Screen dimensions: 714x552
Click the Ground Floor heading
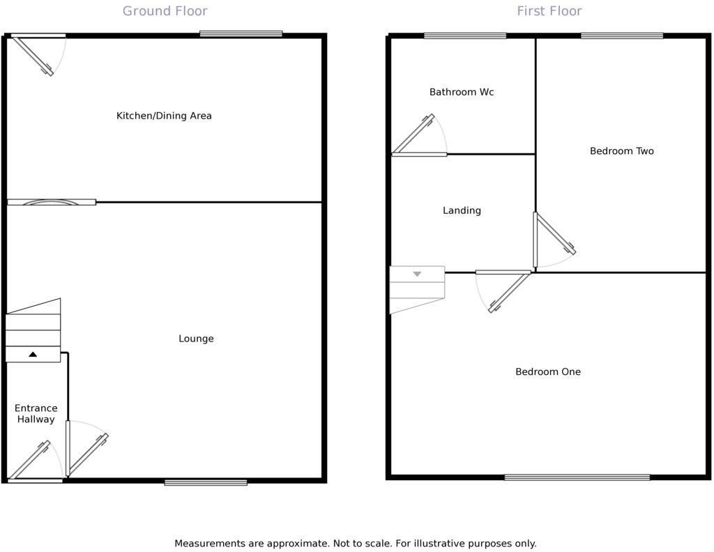point(165,11)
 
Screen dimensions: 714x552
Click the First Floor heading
point(549,11)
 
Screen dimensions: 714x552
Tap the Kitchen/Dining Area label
point(164,116)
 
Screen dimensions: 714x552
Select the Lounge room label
point(196,339)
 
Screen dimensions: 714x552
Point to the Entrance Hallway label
point(36,414)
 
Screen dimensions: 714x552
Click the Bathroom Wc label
point(462,92)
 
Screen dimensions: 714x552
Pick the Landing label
point(462,210)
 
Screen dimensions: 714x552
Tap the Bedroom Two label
point(621,151)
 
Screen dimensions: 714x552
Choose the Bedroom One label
point(547,372)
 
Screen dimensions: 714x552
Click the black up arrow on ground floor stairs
point(33,355)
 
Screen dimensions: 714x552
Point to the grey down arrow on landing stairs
point(417,275)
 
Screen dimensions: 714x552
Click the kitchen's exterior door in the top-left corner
point(33,54)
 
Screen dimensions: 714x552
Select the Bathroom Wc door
point(418,135)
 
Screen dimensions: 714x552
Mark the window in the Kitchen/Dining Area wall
point(241,33)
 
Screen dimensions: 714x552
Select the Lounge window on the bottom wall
point(206,482)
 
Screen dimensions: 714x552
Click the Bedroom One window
point(577,477)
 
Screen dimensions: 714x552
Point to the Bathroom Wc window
point(465,36)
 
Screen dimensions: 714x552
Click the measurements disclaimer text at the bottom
point(355,544)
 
